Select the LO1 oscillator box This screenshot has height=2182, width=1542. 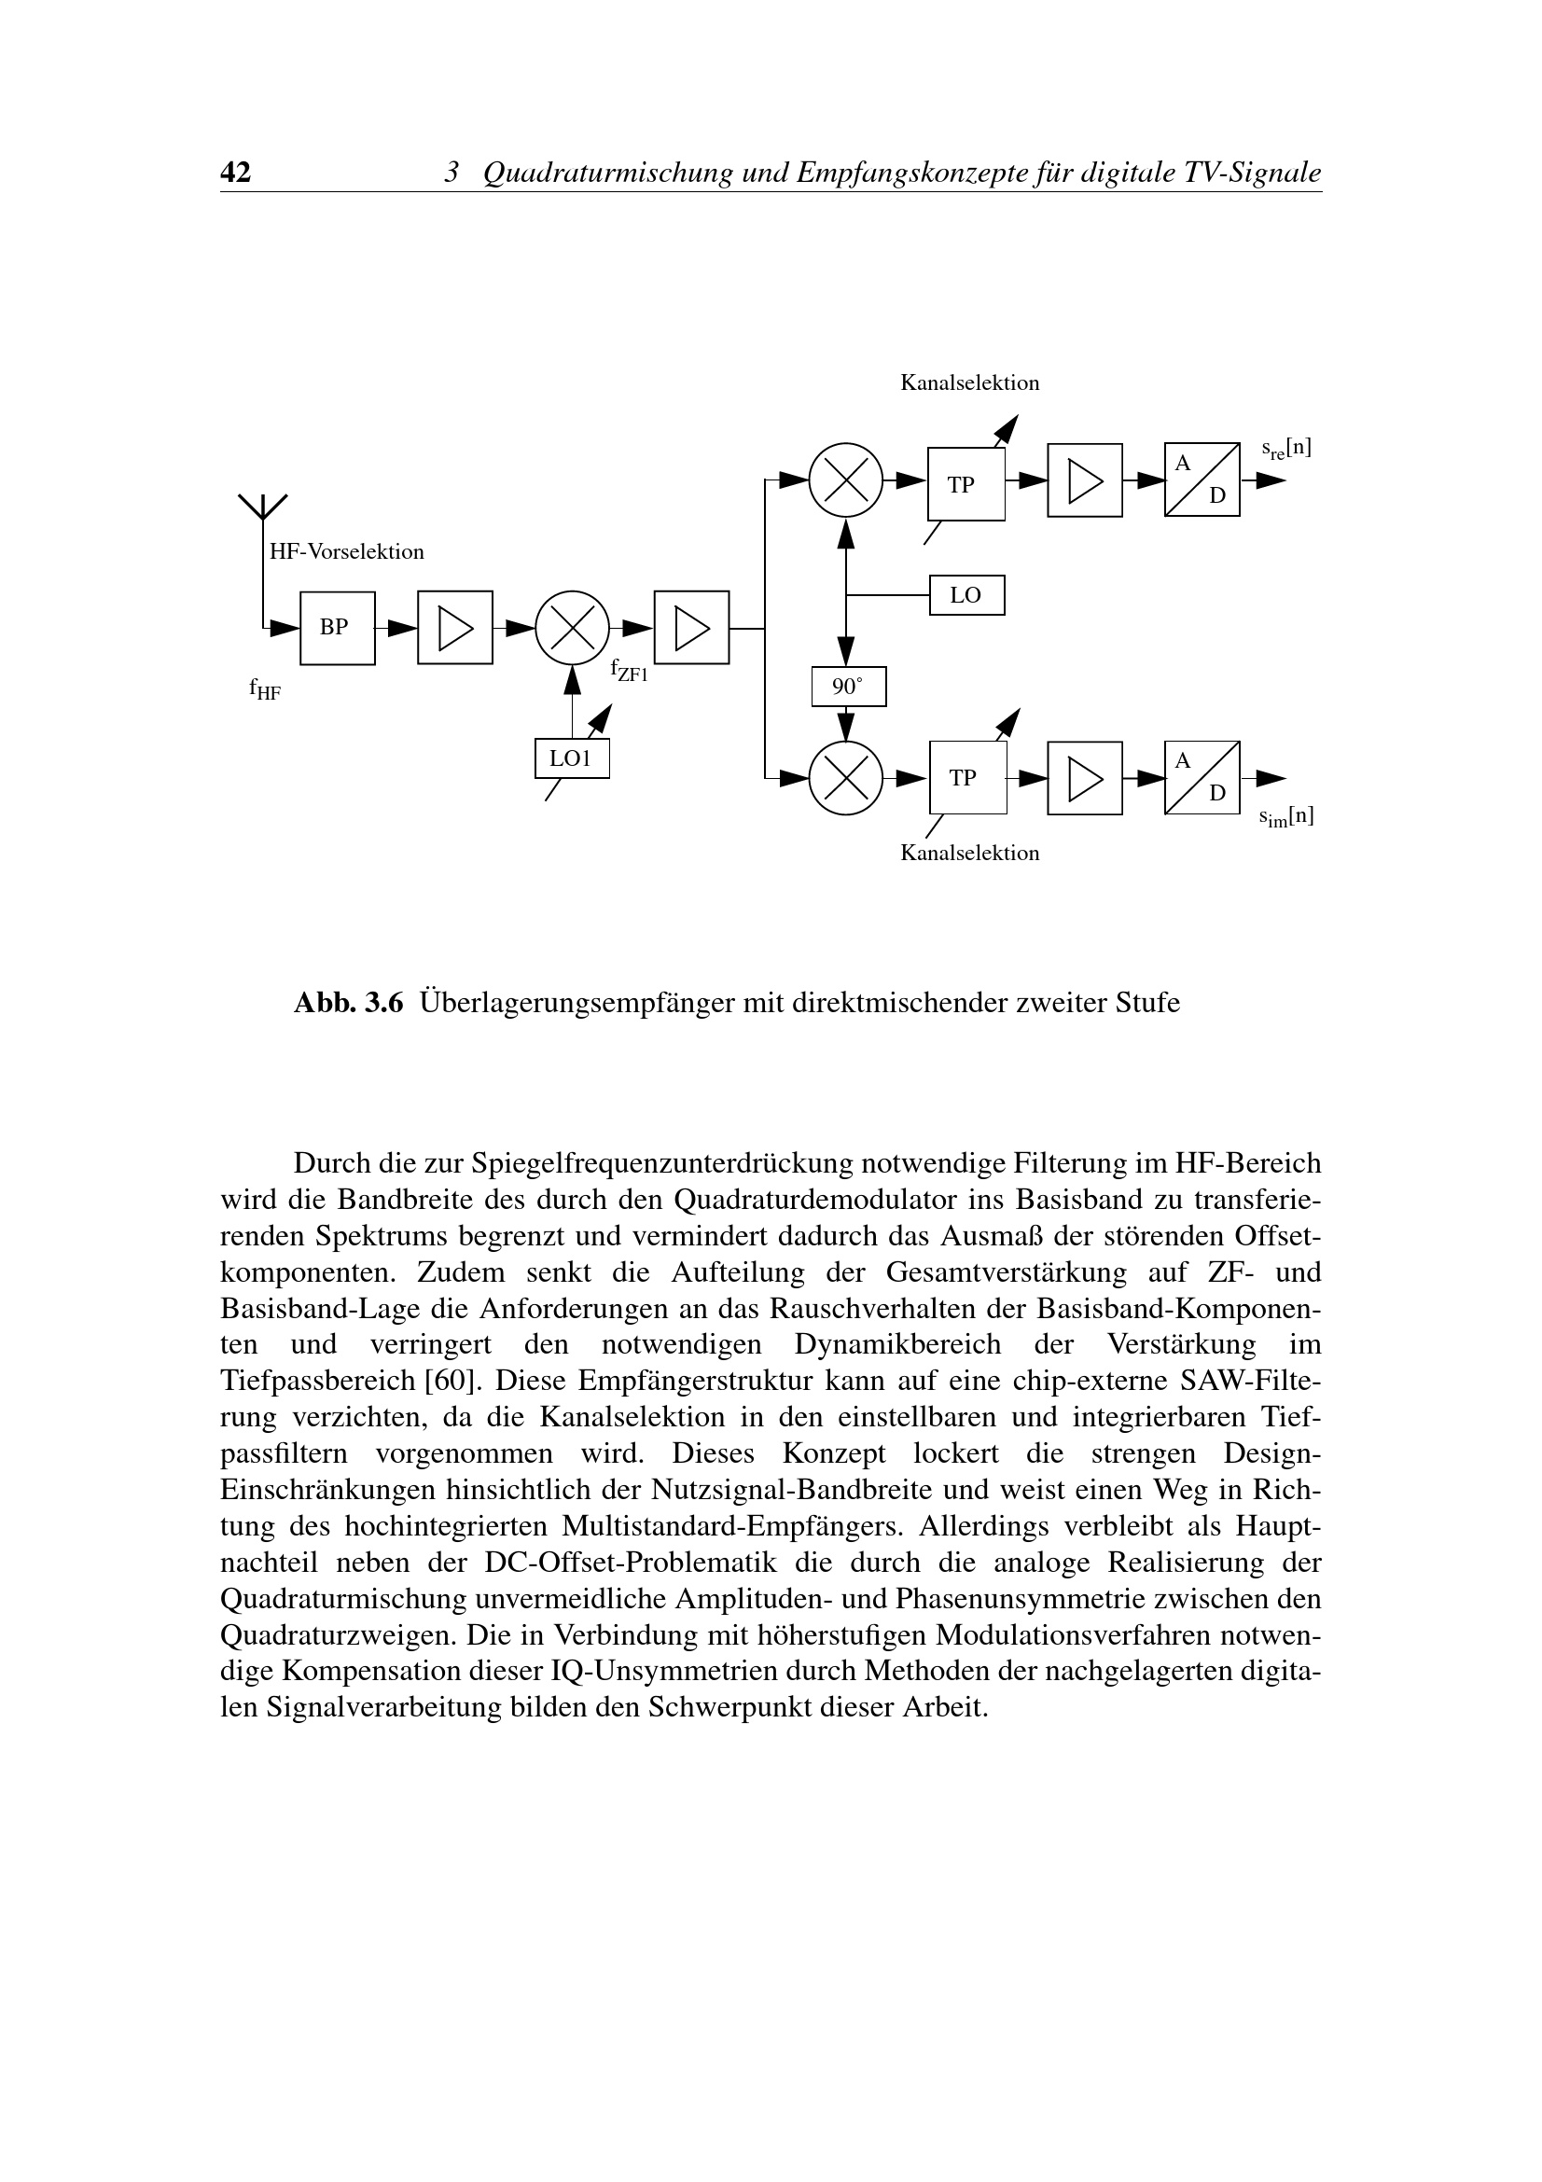click(x=572, y=757)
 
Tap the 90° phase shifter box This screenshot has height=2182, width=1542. click(x=849, y=687)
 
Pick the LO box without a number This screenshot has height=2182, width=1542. click(x=966, y=595)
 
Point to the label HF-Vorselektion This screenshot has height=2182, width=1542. click(x=347, y=551)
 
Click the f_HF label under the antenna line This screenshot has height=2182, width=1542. click(x=265, y=689)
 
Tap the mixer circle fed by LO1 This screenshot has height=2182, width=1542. click(x=572, y=627)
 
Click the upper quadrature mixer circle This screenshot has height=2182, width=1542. click(x=845, y=479)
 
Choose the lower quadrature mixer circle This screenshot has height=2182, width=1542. click(x=845, y=777)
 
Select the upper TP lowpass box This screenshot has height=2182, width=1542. click(x=966, y=484)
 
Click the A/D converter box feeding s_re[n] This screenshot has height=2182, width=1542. click(x=1202, y=479)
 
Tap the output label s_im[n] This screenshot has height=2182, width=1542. click(x=1286, y=816)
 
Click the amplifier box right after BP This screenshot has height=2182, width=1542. click(x=455, y=627)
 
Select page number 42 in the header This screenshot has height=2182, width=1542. click(x=236, y=172)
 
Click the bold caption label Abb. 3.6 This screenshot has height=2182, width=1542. click(x=349, y=1003)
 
